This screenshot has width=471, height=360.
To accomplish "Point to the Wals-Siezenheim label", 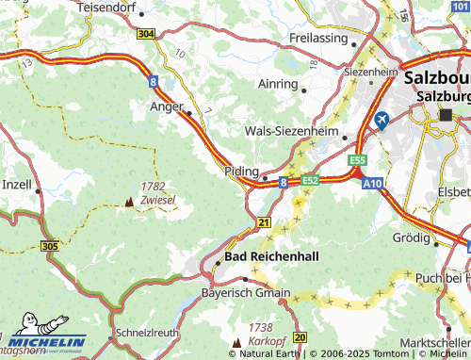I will [291, 132].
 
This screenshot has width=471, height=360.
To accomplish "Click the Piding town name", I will [241, 172].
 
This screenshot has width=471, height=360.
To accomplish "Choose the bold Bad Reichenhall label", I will [272, 256].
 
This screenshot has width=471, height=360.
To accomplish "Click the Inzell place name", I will [16, 184].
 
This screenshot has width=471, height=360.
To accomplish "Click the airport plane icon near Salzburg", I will [382, 121].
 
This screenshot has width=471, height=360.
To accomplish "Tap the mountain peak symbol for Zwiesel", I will [130, 202].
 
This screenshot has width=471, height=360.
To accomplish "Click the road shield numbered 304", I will [145, 34].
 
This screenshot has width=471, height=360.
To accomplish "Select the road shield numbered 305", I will [53, 245].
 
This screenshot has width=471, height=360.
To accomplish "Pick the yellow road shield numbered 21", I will [263, 222].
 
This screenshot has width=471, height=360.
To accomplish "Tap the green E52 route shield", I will [311, 180].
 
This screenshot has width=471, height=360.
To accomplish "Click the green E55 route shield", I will [356, 161].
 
